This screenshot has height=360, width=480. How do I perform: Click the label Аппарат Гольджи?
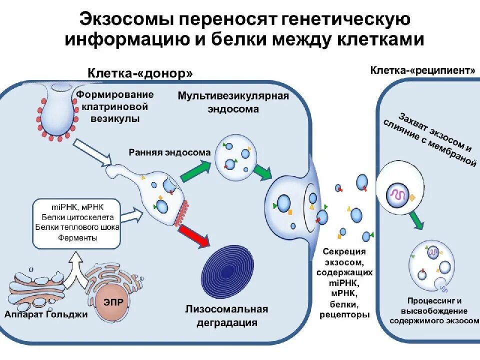click(45, 314)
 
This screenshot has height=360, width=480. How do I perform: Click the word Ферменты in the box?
click(77, 237)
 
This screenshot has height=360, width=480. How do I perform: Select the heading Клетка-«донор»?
click(140, 73)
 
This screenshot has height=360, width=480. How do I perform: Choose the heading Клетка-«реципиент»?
click(423, 70)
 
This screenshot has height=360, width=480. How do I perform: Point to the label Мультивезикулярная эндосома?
click(233, 102)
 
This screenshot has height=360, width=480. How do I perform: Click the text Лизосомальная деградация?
click(226, 315)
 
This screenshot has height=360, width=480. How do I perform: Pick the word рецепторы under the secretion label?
click(344, 314)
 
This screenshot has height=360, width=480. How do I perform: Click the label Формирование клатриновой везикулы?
click(114, 106)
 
